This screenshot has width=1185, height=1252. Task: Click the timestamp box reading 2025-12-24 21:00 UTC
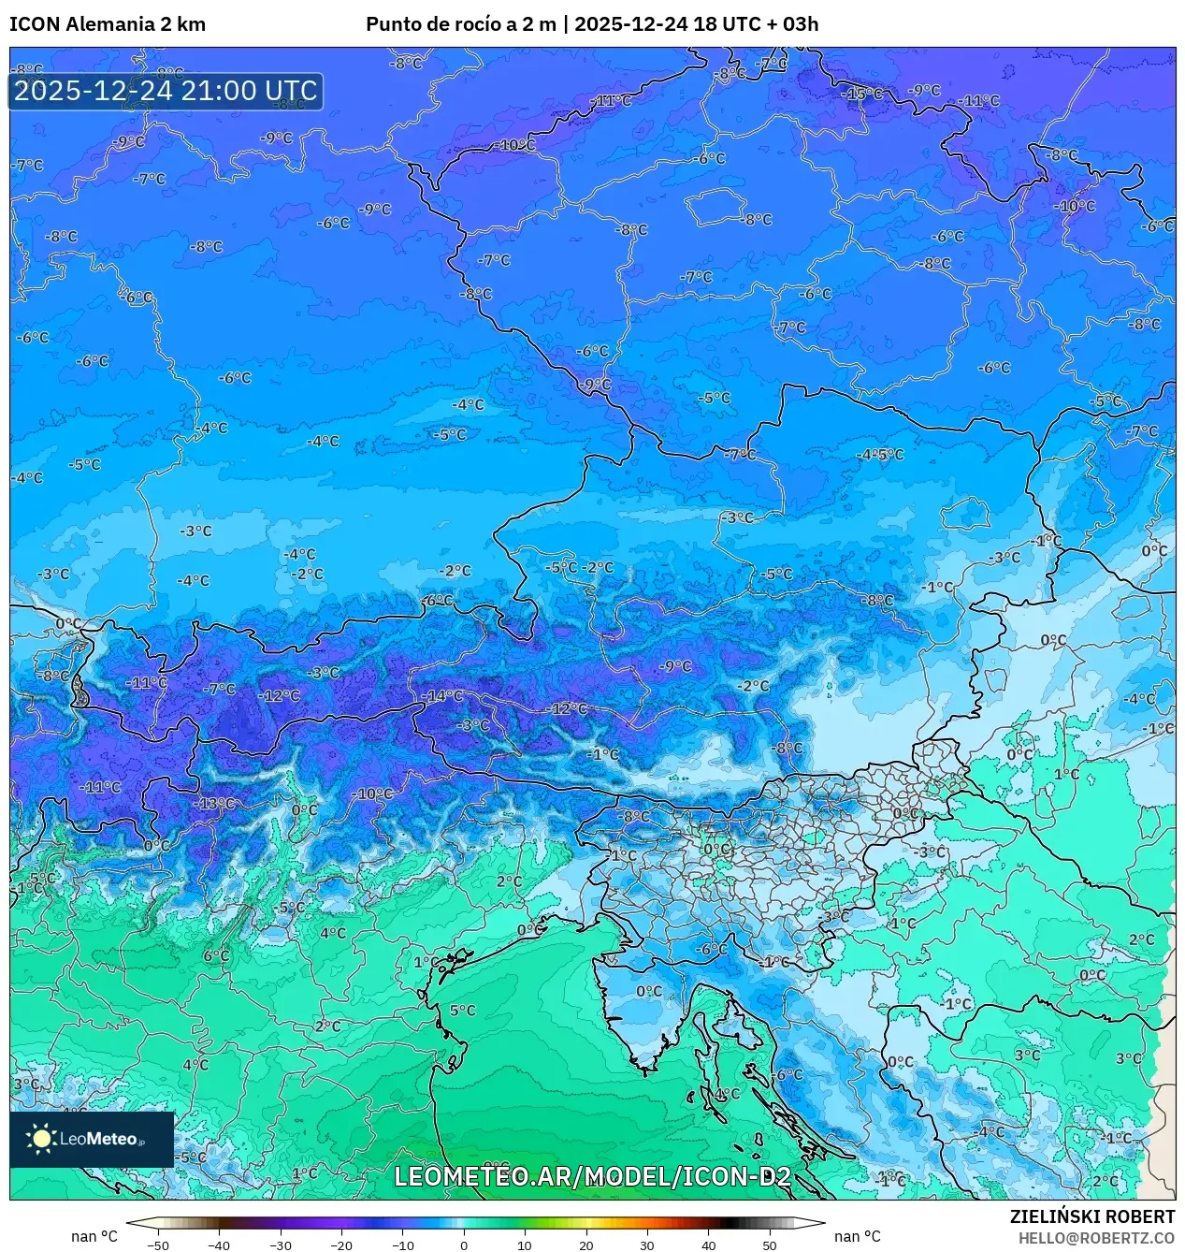[166, 92]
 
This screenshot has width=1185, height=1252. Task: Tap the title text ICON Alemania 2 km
[108, 24]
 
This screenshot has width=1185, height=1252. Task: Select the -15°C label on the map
[861, 94]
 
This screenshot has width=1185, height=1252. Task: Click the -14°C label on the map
[442, 696]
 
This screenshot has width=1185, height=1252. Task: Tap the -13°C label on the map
[216, 804]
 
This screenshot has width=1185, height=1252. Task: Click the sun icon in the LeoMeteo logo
[41, 1139]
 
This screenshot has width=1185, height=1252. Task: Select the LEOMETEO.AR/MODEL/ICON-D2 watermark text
[592, 1177]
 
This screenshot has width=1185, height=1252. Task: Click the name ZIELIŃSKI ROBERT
[1091, 1216]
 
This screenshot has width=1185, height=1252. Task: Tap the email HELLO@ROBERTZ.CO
[1096, 1238]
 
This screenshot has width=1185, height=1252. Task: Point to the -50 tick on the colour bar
[158, 1245]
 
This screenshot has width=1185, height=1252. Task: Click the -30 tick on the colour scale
[281, 1245]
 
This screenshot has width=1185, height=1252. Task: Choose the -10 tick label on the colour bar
[402, 1245]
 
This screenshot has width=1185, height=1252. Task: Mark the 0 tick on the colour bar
[464, 1245]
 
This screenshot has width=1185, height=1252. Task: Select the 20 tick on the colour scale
[585, 1245]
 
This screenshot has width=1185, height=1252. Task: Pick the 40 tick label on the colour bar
[708, 1245]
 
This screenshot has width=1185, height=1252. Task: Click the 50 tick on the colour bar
[769, 1245]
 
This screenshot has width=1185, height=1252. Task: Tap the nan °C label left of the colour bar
[94, 1237]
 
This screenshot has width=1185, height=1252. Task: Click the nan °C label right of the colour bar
[858, 1237]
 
